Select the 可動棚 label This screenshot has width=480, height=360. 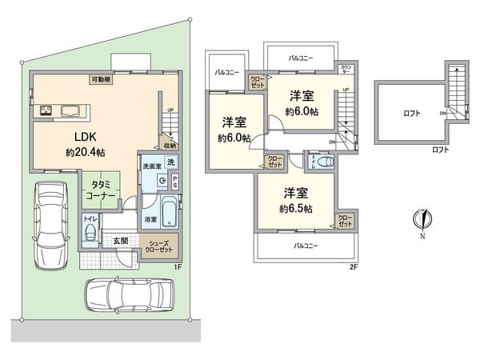pos(101,79)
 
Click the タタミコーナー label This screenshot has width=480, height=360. pos(100,190)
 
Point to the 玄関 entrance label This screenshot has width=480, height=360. pos(119,239)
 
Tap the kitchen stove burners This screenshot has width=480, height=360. pos(43,110)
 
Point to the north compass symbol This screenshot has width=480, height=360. pos(424,218)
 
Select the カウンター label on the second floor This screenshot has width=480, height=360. pos(346,68)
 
